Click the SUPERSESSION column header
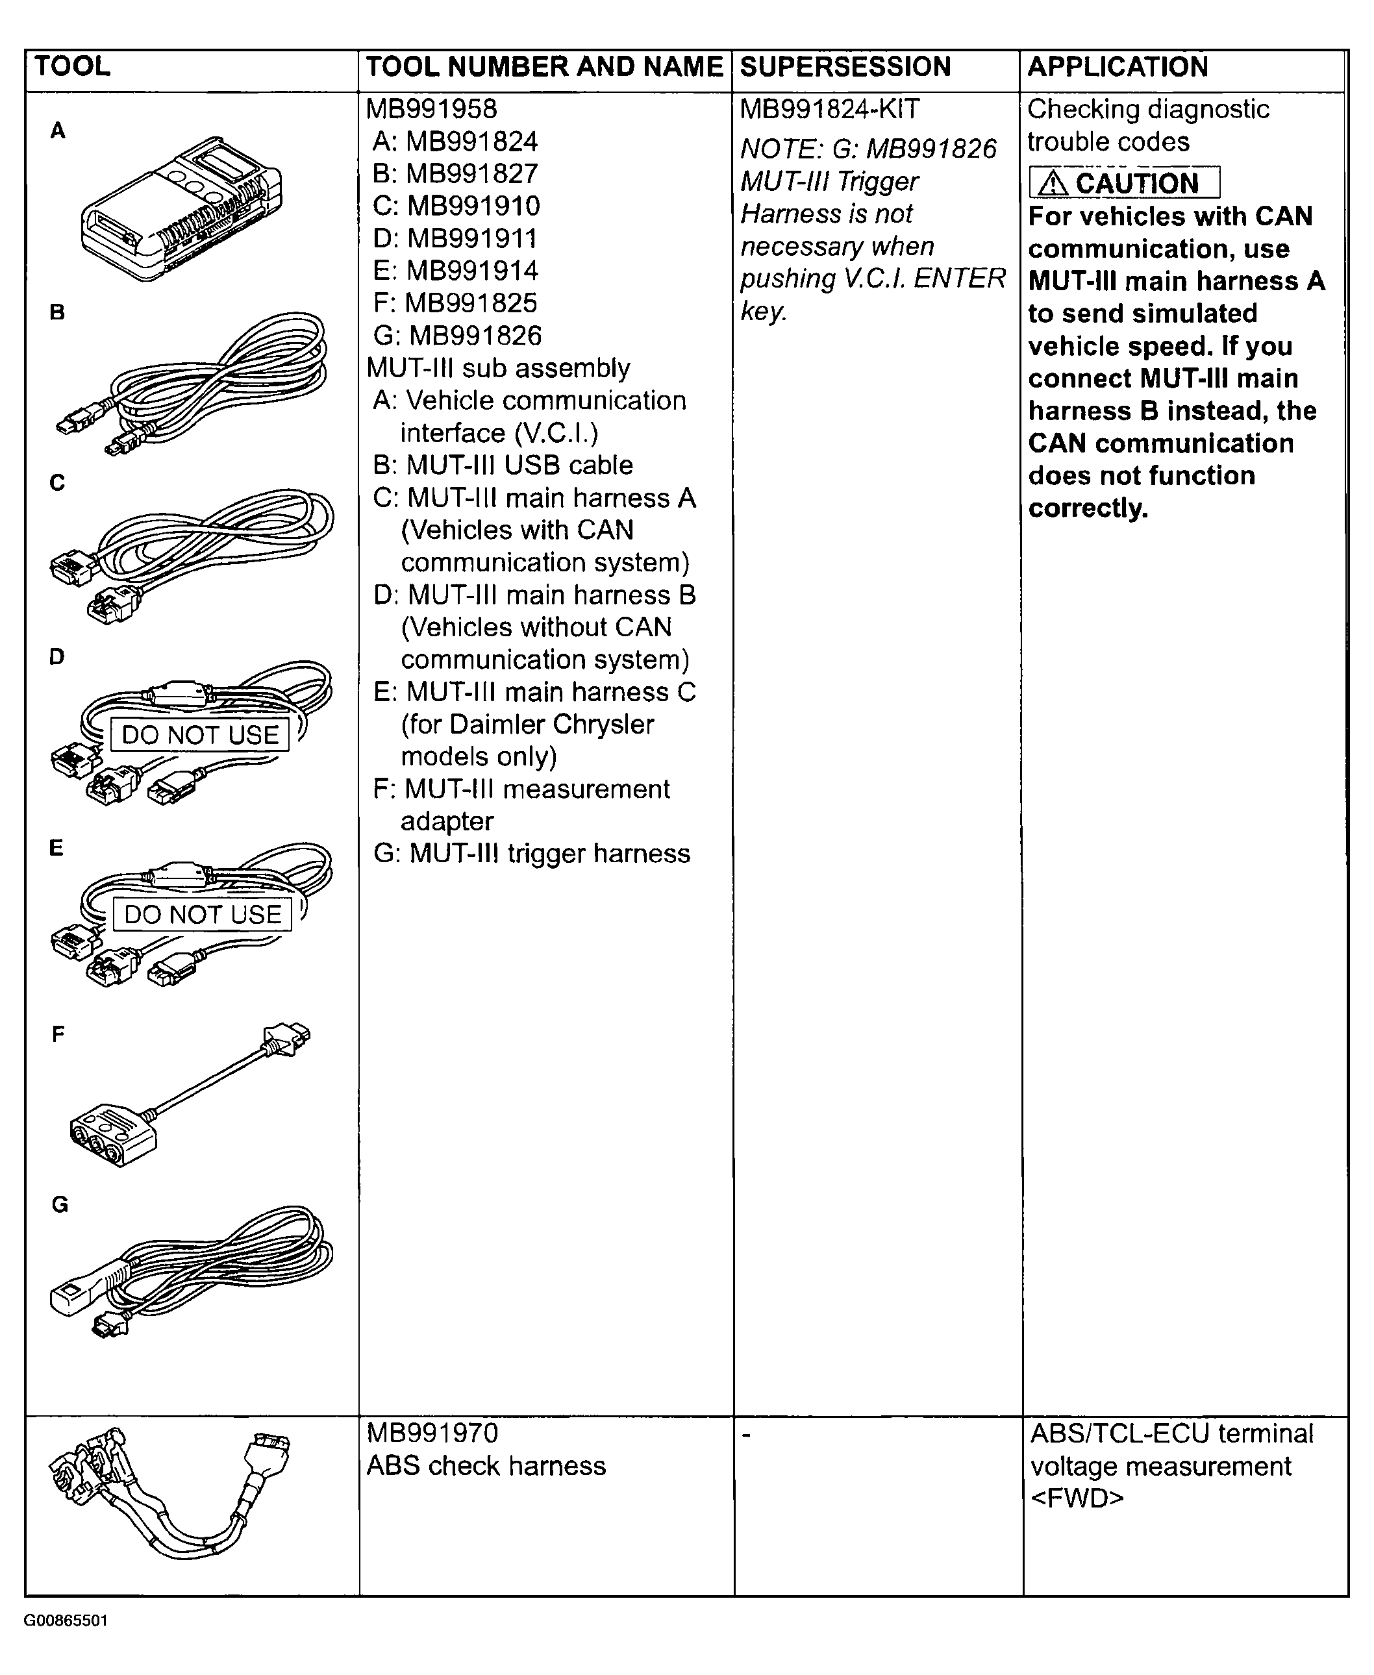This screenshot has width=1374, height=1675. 845,68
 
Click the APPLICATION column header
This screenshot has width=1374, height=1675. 1117,68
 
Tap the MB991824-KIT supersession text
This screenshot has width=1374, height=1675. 829,109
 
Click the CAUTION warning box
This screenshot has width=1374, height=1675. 1123,183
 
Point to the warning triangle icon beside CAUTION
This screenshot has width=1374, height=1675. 1052,184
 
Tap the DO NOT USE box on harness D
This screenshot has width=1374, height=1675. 199,735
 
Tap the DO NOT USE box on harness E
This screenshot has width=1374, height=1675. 203,915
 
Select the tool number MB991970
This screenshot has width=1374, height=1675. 432,1433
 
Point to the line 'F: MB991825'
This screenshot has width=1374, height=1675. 455,303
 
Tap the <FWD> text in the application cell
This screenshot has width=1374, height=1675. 1077,1498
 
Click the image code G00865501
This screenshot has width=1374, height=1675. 66,1620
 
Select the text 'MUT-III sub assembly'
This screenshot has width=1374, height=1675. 498,368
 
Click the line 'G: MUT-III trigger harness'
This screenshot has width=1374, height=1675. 531,854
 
